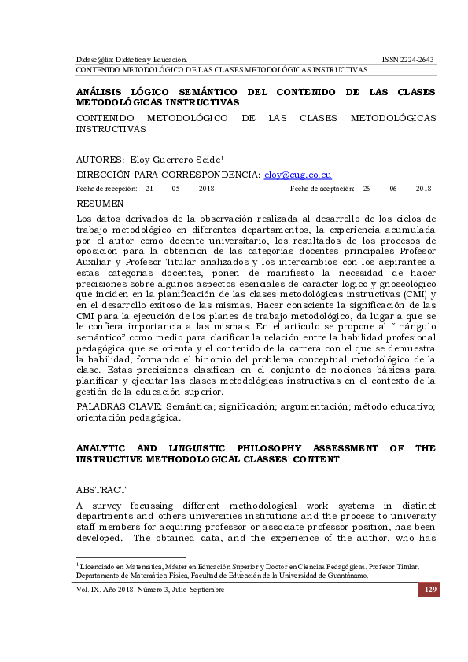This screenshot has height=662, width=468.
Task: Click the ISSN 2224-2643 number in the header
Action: pos(407,59)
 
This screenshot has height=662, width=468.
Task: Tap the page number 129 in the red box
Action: pos(429,590)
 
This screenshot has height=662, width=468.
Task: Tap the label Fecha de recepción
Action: pos(105,189)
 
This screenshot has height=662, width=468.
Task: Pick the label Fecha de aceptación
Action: pos(322,189)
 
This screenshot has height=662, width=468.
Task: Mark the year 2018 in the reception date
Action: pos(207,189)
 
